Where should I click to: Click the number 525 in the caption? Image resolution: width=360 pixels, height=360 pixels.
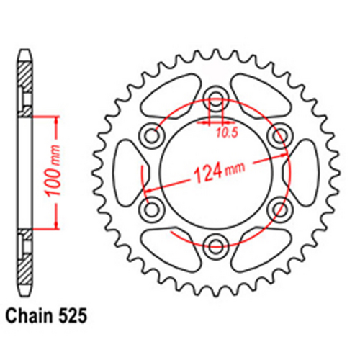point(74,315)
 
